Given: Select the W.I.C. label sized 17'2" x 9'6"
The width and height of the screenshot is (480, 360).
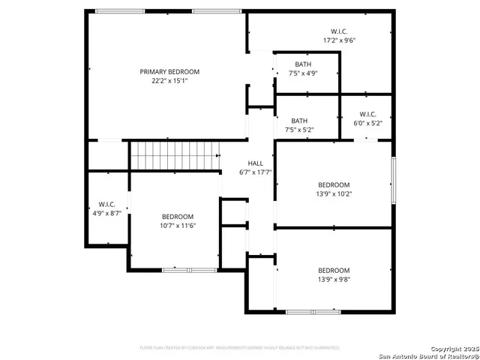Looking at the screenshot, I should pos(338,31).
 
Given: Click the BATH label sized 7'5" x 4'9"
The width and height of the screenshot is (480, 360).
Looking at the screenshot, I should pos(303,64).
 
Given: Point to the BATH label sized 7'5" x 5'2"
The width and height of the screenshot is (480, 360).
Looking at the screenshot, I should pos(299,121).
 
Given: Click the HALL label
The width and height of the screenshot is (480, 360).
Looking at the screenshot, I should pos(255,163).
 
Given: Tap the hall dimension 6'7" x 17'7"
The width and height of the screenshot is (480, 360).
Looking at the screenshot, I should pos(255,172).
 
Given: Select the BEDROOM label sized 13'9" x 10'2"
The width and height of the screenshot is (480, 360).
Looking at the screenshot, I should pos(333,185).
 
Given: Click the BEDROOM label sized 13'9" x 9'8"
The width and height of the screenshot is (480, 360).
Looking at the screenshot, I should pos(333,271).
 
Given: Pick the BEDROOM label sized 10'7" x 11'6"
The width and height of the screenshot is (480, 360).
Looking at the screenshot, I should pos(177,217).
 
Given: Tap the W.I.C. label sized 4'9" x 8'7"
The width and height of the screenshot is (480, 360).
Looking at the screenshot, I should pos(106,205).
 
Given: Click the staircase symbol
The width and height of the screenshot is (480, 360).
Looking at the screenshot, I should pos(174,156).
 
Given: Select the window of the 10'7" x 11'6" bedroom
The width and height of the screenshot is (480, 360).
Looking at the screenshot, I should pos(178,269).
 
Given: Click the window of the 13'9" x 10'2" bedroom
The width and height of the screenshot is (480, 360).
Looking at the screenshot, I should pos(392,180).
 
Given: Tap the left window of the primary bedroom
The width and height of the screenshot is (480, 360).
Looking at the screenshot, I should pos(120,11).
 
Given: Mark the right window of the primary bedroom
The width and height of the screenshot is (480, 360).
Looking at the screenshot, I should pos(217,11).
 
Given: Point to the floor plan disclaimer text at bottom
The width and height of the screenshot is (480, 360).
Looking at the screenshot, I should pos(239,348).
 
